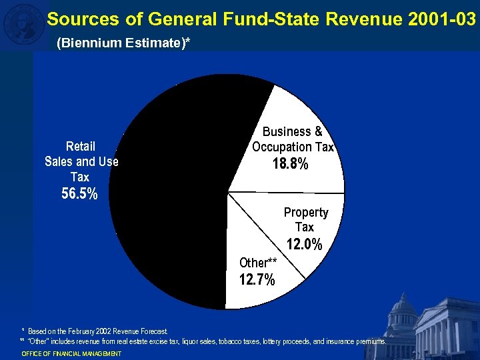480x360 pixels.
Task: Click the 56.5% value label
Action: tap(79, 195)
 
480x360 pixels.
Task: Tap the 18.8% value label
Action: tap(291, 164)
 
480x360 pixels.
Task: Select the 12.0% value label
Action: tap(304, 245)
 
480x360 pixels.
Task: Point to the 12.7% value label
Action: tap(257, 280)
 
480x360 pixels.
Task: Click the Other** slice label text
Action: tap(258, 263)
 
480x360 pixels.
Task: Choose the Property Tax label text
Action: tap(306, 219)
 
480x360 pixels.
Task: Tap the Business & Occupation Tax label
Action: tap(293, 139)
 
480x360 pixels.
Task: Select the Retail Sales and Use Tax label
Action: tap(81, 161)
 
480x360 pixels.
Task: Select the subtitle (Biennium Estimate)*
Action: tap(123, 43)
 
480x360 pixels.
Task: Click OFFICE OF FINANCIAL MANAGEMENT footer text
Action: tap(71, 353)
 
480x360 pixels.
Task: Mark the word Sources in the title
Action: tap(75, 19)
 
